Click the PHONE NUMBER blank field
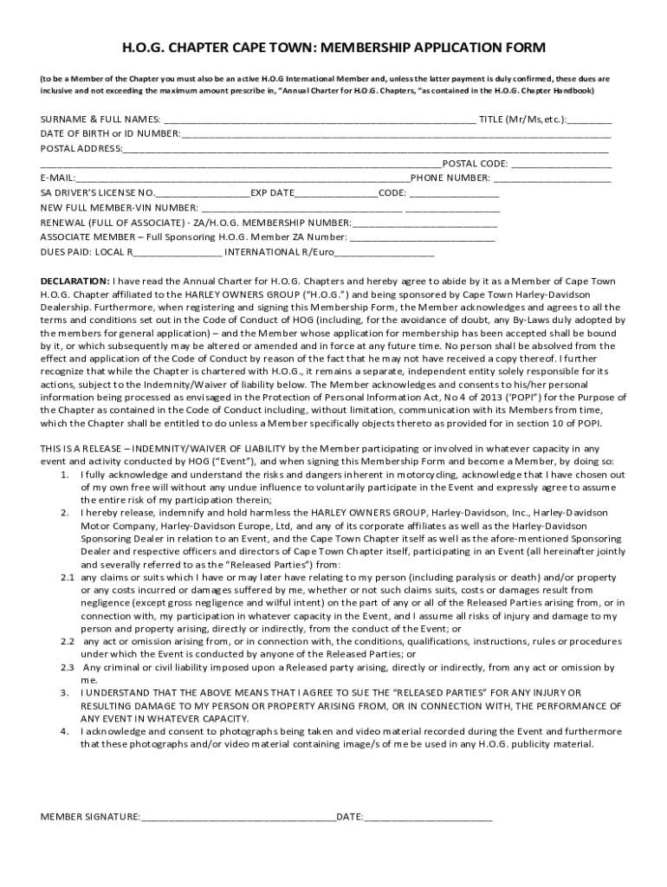553,179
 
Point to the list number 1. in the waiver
66,476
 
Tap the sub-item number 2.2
67,642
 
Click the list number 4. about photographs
66,732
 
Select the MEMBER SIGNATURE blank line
238,817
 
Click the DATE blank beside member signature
428,817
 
